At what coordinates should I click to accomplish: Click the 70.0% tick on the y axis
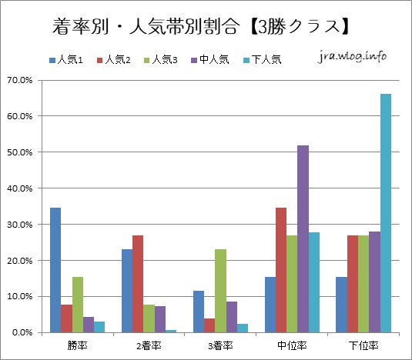[21, 80]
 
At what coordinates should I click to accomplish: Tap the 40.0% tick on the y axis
[21, 188]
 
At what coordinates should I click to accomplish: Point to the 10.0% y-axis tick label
[21, 297]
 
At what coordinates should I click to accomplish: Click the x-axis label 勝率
[77, 345]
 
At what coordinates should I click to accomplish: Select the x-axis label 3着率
[219, 345]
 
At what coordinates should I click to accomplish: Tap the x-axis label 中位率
[291, 345]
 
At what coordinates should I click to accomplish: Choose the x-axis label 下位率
[363, 345]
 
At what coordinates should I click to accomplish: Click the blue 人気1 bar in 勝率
[55, 270]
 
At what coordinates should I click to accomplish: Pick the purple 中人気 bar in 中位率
[303, 238]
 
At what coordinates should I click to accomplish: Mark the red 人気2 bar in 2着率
[138, 284]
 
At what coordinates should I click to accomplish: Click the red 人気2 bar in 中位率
[281, 270]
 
